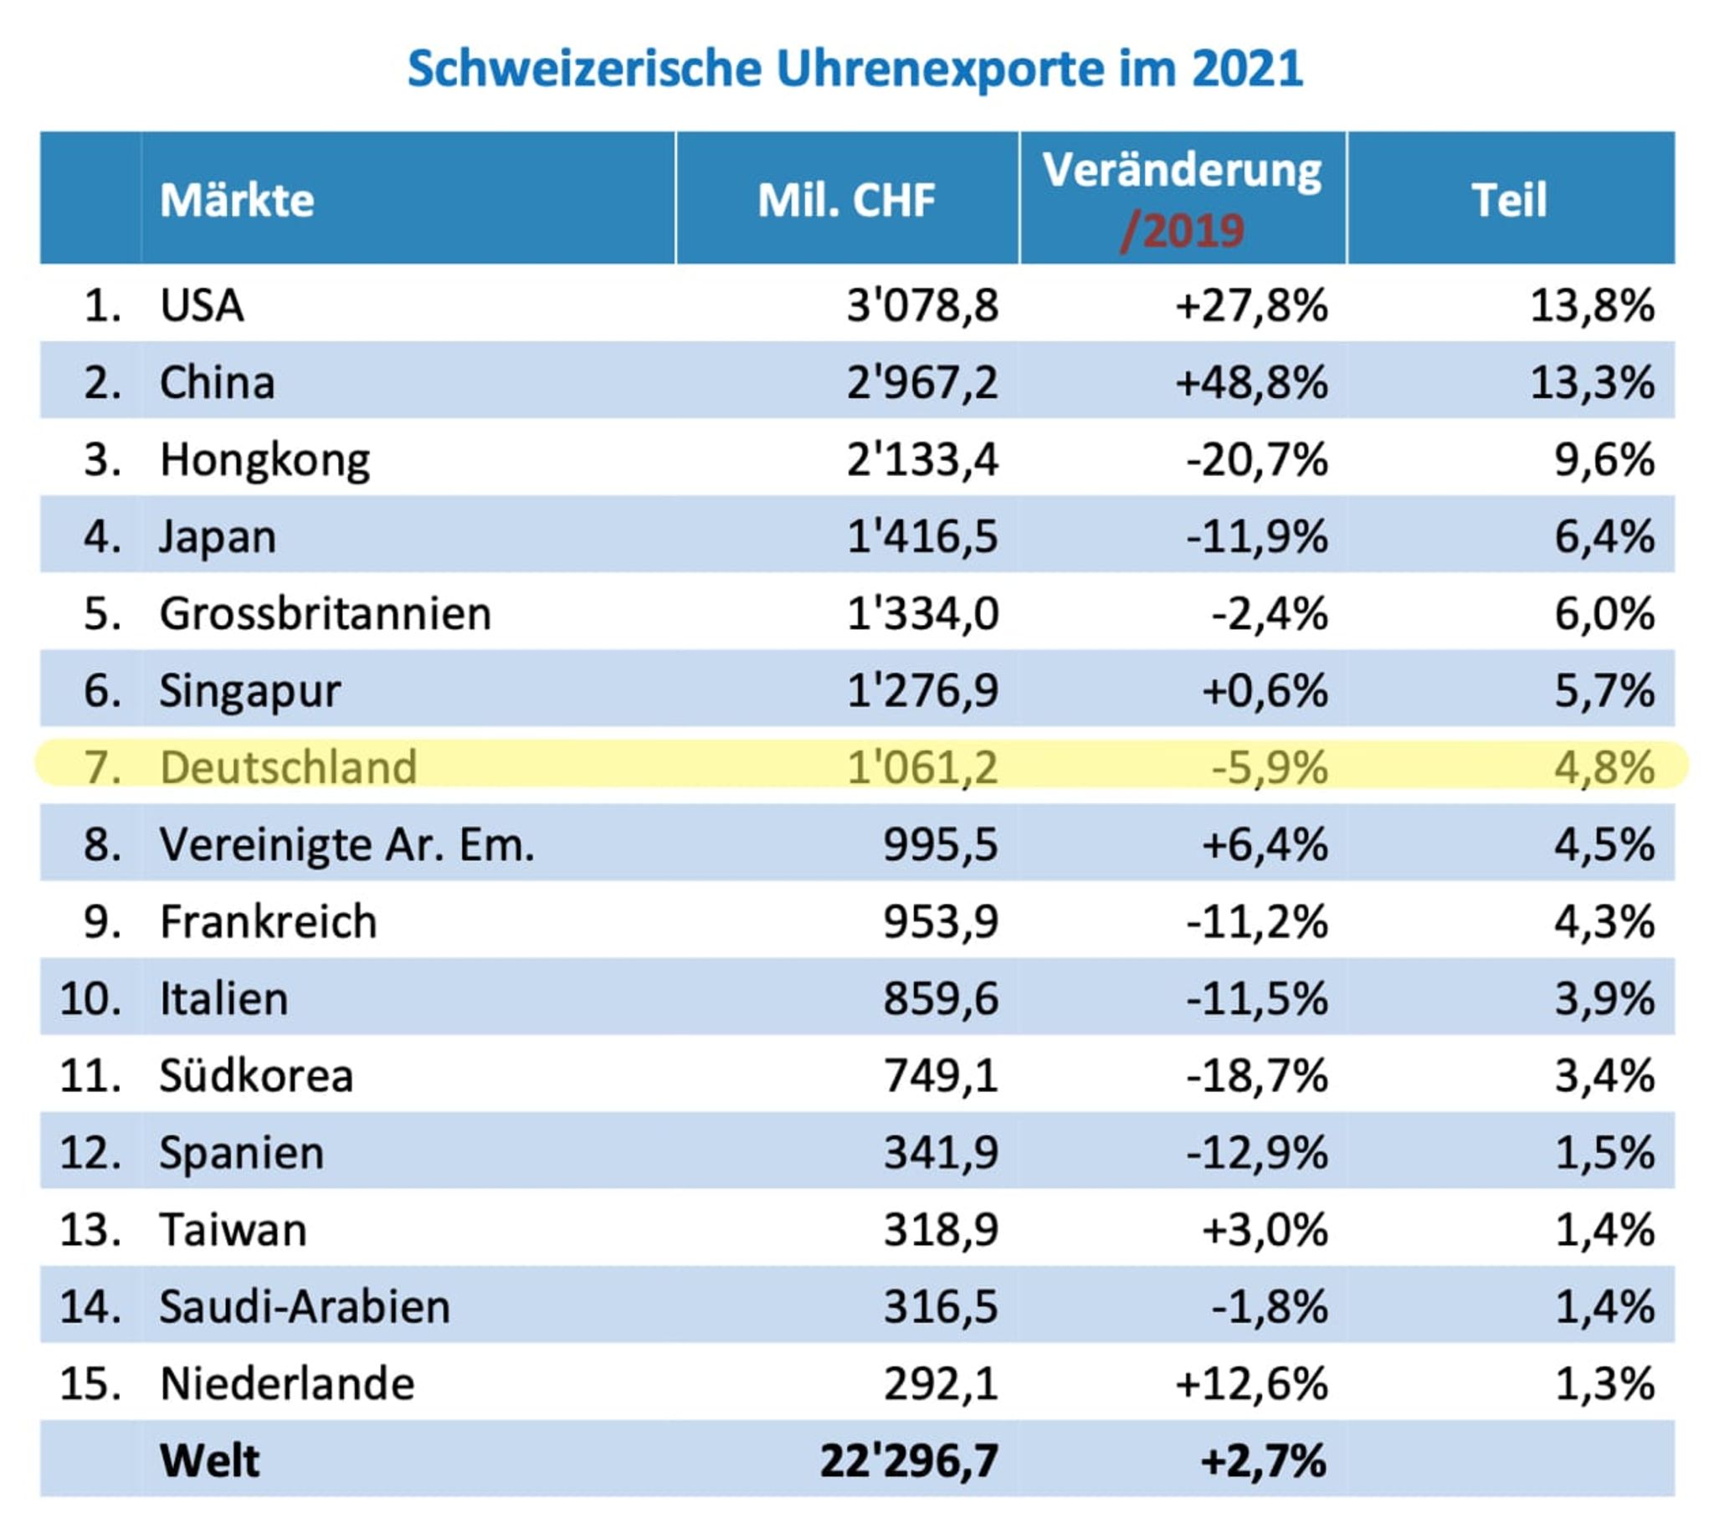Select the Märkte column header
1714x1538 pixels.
[x=237, y=200]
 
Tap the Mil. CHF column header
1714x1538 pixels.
[x=846, y=200]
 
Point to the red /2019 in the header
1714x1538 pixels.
[x=1182, y=230]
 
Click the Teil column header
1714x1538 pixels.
[x=1509, y=200]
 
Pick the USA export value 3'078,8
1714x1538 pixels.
[x=922, y=305]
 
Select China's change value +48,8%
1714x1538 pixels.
[x=1251, y=382]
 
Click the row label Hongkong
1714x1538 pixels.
[x=264, y=459]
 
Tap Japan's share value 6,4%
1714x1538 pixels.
[x=1604, y=536]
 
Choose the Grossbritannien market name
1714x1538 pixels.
[x=326, y=613]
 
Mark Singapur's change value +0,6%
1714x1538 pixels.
[x=1265, y=690]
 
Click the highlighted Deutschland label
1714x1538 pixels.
[x=288, y=767]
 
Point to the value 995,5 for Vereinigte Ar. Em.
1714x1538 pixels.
[x=940, y=844]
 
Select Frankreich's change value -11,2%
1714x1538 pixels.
[x=1257, y=921]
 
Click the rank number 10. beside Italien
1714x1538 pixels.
[x=90, y=999]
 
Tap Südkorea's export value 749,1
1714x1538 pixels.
[x=940, y=1076]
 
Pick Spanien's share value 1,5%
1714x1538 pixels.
[x=1604, y=1152]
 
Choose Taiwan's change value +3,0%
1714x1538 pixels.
[x=1265, y=1229]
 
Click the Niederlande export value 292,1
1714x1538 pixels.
[x=940, y=1384]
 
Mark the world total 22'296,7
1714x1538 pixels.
[x=909, y=1461]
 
